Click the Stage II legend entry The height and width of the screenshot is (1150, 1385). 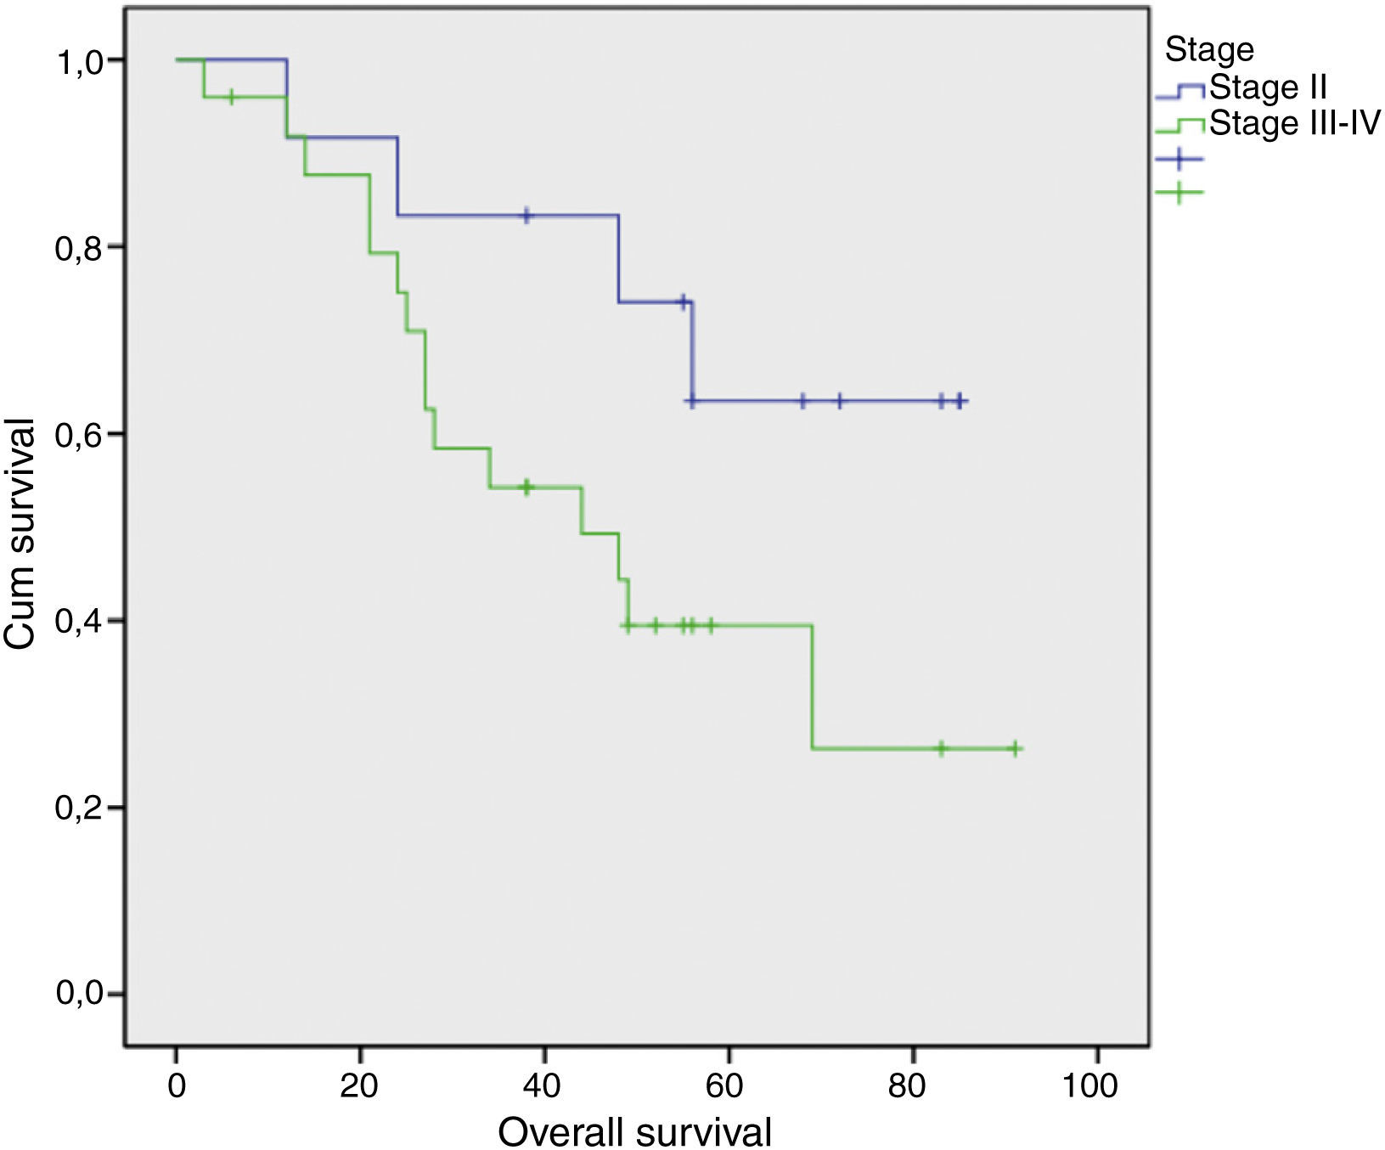pyautogui.click(x=1267, y=87)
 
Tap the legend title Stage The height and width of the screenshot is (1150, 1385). pyautogui.click(x=1208, y=49)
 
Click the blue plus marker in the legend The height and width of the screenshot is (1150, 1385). pyautogui.click(x=1179, y=159)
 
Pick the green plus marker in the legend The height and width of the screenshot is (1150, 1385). pyautogui.click(x=1179, y=194)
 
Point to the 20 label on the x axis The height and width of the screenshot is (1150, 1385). pyautogui.click(x=359, y=1086)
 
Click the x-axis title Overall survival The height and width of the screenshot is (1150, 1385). pyautogui.click(x=634, y=1131)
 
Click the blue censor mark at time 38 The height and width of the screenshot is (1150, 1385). pyautogui.click(x=526, y=216)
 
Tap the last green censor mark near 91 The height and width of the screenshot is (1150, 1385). pyautogui.click(x=1014, y=748)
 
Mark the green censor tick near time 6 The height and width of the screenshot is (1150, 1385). pyautogui.click(x=231, y=98)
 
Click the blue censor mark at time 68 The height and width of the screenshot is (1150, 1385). pyautogui.click(x=802, y=401)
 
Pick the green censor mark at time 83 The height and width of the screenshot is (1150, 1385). pyautogui.click(x=940, y=748)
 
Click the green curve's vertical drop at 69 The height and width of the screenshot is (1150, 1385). pyautogui.click(x=813, y=686)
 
